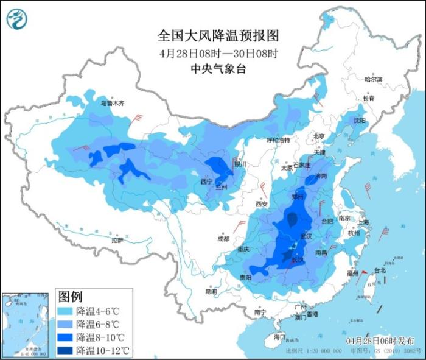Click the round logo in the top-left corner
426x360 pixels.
point(17,19)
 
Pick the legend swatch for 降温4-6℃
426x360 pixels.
point(66,311)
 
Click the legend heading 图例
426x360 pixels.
point(70,297)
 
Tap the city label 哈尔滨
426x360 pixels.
point(373,80)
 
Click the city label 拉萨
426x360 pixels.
point(117,240)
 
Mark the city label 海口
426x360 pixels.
point(279,336)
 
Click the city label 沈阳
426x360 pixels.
point(360,121)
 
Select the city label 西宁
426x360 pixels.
point(206,182)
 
